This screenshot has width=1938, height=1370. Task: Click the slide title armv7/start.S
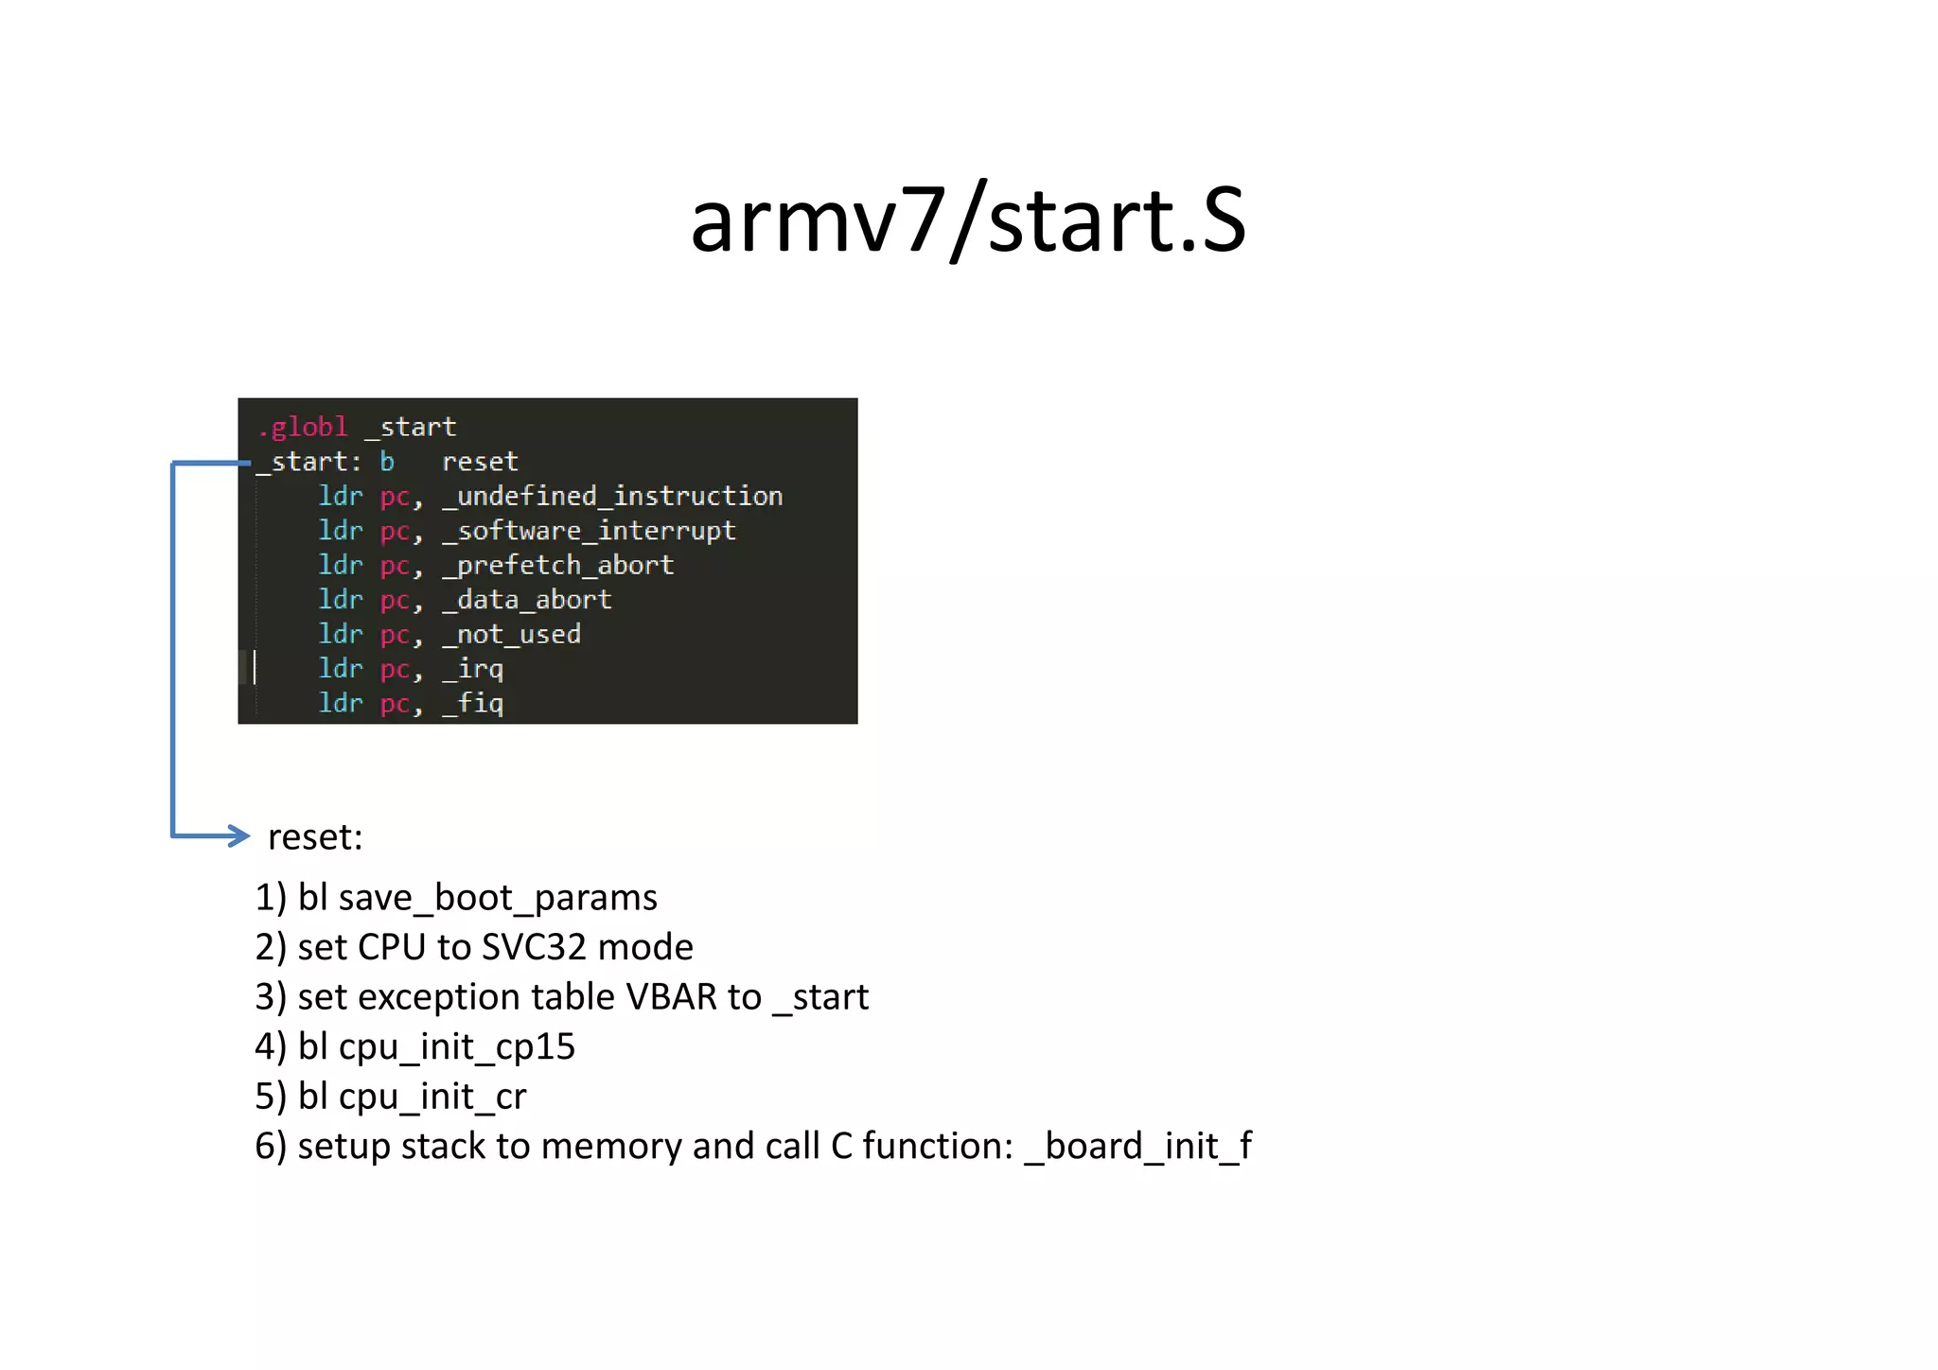pos(968,221)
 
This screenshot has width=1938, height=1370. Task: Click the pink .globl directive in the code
pos(303,428)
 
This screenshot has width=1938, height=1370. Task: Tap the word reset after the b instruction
pos(480,462)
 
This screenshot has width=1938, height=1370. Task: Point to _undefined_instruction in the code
pos(612,497)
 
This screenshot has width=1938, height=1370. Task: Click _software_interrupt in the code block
pos(589,531)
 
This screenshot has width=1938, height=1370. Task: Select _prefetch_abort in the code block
pos(558,566)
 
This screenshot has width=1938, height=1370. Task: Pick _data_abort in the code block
pos(527,600)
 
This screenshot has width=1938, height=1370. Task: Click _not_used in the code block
pos(512,635)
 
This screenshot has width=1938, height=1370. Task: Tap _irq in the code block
pos(473,669)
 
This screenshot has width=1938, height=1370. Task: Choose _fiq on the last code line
pos(473,704)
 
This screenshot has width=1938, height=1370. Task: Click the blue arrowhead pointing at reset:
pos(238,835)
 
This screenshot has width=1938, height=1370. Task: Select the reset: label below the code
pos(315,837)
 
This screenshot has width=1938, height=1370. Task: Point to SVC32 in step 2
pos(534,947)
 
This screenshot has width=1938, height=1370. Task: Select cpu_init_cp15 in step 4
pos(456,1047)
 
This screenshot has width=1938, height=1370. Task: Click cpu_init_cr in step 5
pos(432,1098)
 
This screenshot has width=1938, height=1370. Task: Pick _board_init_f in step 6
pos(1138,1147)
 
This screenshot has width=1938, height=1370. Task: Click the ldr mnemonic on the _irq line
pos(341,669)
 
